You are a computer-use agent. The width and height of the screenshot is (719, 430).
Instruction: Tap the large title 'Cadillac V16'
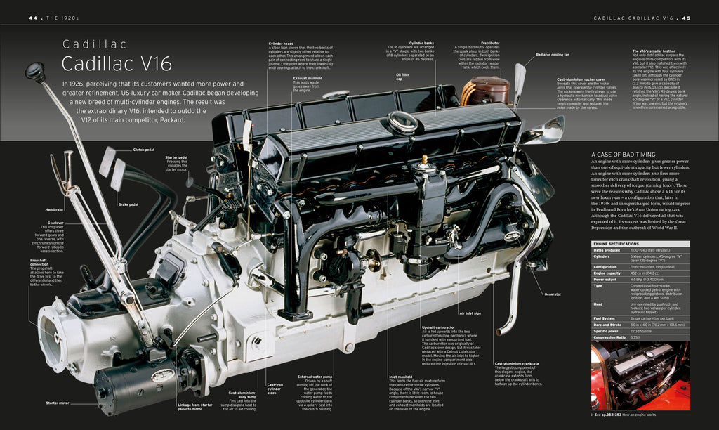point(117,64)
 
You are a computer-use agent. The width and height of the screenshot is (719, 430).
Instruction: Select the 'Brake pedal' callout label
point(128,204)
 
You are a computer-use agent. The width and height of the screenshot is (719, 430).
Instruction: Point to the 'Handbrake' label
point(55,209)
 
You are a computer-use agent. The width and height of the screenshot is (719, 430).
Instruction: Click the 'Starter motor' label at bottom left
point(58,403)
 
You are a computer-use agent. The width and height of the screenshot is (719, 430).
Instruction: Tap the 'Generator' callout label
point(553,294)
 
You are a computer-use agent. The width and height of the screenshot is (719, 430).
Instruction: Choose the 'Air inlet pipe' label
point(470,313)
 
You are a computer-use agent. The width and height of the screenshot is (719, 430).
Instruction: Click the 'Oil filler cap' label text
point(402,77)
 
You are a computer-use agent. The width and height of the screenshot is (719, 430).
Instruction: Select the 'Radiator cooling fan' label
point(552,54)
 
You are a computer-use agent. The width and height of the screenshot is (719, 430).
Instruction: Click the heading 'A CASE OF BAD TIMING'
point(624,155)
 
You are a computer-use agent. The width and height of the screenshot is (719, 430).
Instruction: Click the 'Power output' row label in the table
point(606,279)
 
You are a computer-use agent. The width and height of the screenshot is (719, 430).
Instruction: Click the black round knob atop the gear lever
point(35,71)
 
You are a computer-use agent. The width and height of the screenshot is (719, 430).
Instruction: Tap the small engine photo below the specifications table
point(640,376)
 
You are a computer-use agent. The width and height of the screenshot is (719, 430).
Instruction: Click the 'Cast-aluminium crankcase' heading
point(517,363)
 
